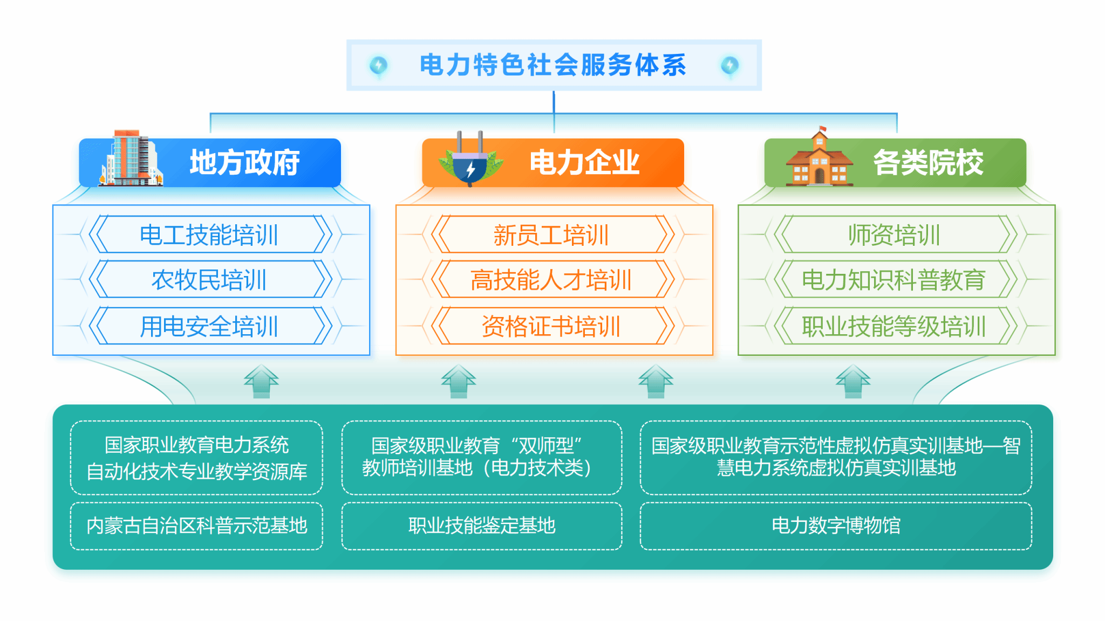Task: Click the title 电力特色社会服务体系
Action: coord(553,65)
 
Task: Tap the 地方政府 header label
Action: coord(244,162)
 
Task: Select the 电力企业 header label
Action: coord(584,162)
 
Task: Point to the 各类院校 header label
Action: coord(928,162)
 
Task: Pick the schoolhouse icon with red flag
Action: coord(819,157)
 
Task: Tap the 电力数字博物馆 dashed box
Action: coord(836,526)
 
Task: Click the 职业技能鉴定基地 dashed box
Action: coord(482,526)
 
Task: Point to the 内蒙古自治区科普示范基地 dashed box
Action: coord(196,526)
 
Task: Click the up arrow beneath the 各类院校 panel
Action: coord(853,381)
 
